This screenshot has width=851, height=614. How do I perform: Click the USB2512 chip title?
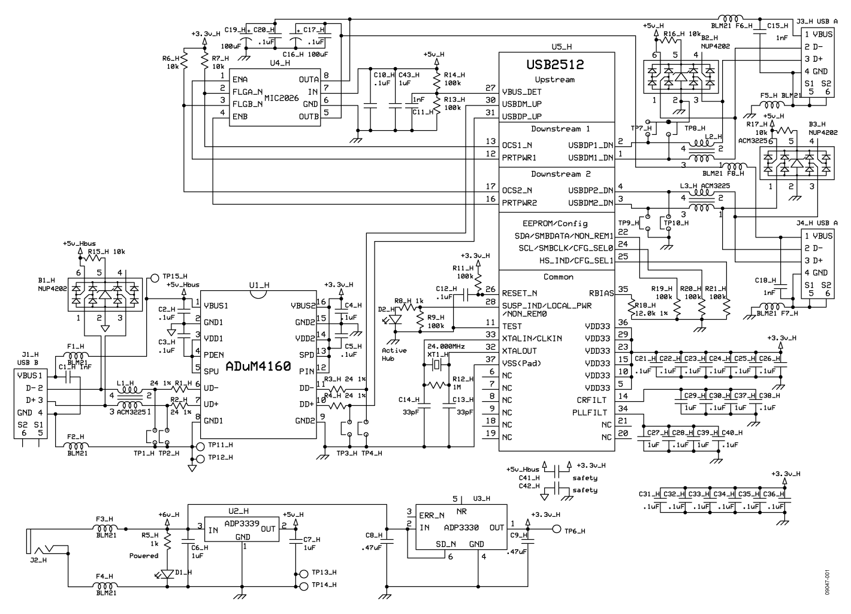pos(555,64)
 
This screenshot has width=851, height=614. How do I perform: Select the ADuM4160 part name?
pos(258,366)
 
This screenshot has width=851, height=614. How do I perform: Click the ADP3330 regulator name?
pos(461,528)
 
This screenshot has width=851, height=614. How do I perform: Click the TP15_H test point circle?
pos(154,278)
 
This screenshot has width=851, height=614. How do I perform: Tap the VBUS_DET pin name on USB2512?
pos(521,92)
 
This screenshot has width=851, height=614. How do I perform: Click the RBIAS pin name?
pos(601,294)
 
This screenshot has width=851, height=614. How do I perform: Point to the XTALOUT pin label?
pos(520,351)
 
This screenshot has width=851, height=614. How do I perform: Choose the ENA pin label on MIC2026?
pos(240,79)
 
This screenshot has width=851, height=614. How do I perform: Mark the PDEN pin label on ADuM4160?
pos(214,355)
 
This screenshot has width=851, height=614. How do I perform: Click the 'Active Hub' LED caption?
pos(394,354)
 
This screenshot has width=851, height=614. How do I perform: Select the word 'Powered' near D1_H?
pos(144,556)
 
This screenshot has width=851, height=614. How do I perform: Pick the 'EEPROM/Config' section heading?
pos(556,223)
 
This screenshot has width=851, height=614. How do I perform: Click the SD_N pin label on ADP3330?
pos(445,544)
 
